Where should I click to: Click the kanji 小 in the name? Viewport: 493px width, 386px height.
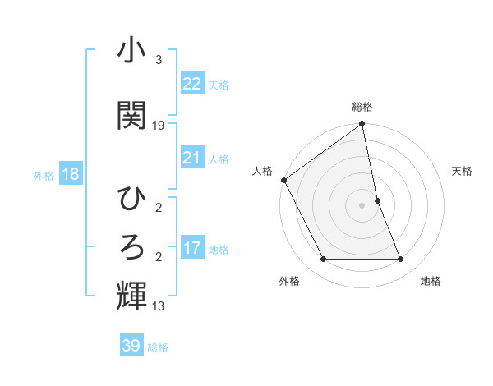click(x=131, y=52)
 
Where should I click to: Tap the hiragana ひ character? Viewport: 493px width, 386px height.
click(x=131, y=200)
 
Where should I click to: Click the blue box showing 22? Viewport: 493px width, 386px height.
click(x=191, y=83)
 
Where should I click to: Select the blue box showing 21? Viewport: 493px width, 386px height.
click(x=191, y=158)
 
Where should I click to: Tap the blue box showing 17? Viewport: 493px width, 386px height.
click(x=191, y=248)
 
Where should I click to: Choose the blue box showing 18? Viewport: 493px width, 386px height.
click(x=70, y=174)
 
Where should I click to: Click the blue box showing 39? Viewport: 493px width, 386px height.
click(x=131, y=346)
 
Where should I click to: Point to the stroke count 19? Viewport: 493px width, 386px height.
click(x=159, y=126)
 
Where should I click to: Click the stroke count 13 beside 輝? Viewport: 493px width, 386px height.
click(x=159, y=306)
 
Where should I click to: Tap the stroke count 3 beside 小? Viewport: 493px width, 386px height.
click(x=159, y=60)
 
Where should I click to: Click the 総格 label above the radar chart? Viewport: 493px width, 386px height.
click(x=362, y=107)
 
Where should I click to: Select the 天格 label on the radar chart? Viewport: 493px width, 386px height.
click(x=463, y=171)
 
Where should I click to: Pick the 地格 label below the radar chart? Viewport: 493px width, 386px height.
click(x=431, y=281)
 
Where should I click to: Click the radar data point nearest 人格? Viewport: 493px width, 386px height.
click(x=283, y=180)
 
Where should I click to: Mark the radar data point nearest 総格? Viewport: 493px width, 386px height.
click(x=362, y=125)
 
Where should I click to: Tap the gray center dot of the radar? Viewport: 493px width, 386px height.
click(x=362, y=205)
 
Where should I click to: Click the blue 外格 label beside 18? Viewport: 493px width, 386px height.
click(x=43, y=175)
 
